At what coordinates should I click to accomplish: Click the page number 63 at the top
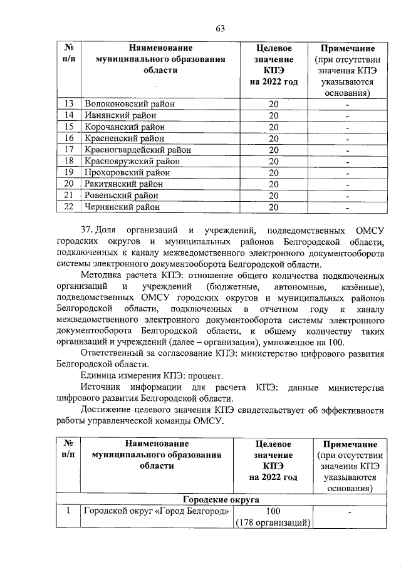(x=220, y=28)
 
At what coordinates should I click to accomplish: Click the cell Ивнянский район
(x=120, y=115)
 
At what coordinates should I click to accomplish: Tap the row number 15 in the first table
(x=69, y=127)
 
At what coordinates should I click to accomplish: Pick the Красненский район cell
(x=124, y=138)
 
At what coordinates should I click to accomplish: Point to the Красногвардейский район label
(x=137, y=149)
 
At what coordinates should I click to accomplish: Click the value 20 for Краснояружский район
(x=273, y=161)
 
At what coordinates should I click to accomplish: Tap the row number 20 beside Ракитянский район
(x=69, y=184)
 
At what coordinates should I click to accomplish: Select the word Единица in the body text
(x=100, y=376)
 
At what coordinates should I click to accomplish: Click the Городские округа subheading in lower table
(x=219, y=499)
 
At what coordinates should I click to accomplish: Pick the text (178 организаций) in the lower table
(x=273, y=523)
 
